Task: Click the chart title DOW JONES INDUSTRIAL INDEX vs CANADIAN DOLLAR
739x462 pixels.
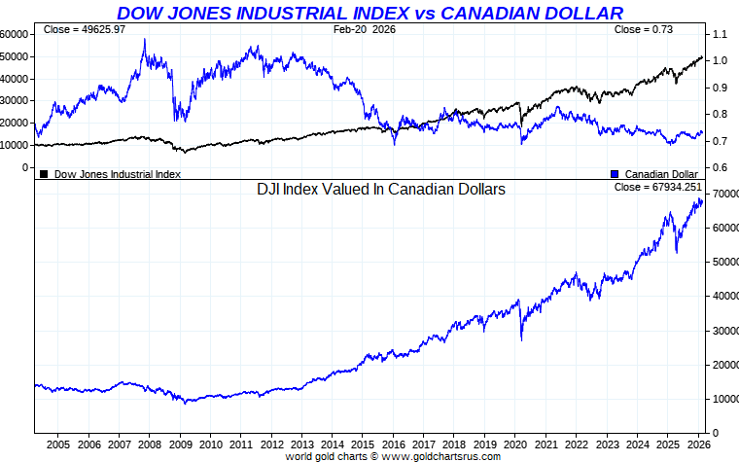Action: coord(369,13)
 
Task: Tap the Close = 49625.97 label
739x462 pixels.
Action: coord(85,30)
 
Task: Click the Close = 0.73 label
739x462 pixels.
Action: coord(643,30)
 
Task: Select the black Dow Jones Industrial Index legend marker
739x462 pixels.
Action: coord(44,174)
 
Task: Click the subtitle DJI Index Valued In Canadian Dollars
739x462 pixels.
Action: coord(380,191)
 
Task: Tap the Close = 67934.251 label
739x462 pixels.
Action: coord(657,187)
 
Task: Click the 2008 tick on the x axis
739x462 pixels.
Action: coord(150,444)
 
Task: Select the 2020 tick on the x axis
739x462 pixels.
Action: coord(514,444)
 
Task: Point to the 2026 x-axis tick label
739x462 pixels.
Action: coord(696,444)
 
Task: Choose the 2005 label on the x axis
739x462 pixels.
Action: coord(58,444)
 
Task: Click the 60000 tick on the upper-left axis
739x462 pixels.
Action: coord(14,34)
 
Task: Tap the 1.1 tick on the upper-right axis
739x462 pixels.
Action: coord(719,34)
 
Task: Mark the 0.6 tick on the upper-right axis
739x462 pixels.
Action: coord(719,167)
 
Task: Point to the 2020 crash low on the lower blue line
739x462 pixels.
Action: coord(522,339)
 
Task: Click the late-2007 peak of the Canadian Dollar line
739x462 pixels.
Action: coord(145,40)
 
